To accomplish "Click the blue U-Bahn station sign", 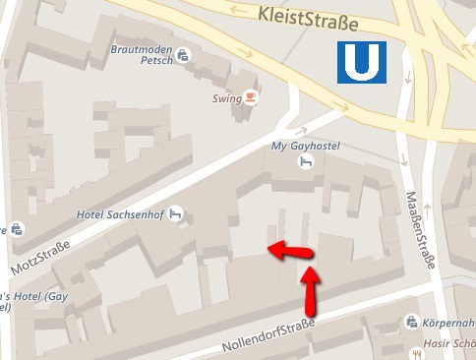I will pyautogui.click(x=361, y=63).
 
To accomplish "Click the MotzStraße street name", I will pyautogui.click(x=40, y=256).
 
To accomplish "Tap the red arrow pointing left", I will pyautogui.click(x=290, y=250).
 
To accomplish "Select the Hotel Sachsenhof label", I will pyautogui.click(x=118, y=213).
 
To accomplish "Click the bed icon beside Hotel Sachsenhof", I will pyautogui.click(x=177, y=211).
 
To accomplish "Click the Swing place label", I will pyautogui.click(x=226, y=98).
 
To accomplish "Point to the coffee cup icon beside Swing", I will pyautogui.click(x=251, y=97).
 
